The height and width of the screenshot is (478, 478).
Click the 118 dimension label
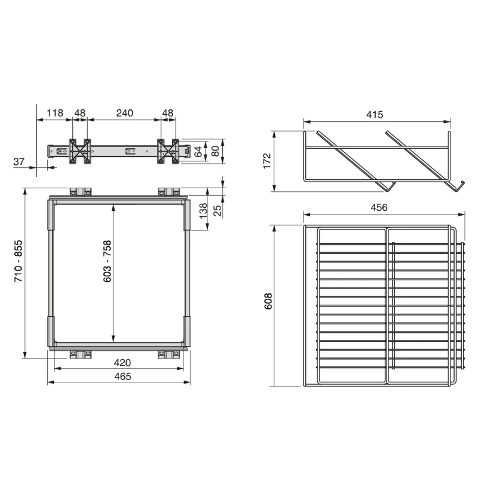coord(55,112)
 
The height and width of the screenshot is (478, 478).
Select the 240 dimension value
coord(124,112)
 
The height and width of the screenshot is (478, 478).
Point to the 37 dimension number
coord(19,161)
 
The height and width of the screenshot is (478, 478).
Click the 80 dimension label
coord(213,151)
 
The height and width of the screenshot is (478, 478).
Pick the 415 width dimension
coord(375,115)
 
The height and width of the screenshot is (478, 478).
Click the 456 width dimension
coord(379,207)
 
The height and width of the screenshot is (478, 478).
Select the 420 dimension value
coord(122,363)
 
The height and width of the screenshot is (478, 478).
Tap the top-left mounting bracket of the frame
coord(80,192)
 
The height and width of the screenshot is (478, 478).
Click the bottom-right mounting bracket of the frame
coord(168,354)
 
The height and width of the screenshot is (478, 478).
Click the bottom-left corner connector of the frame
coord(51,332)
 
